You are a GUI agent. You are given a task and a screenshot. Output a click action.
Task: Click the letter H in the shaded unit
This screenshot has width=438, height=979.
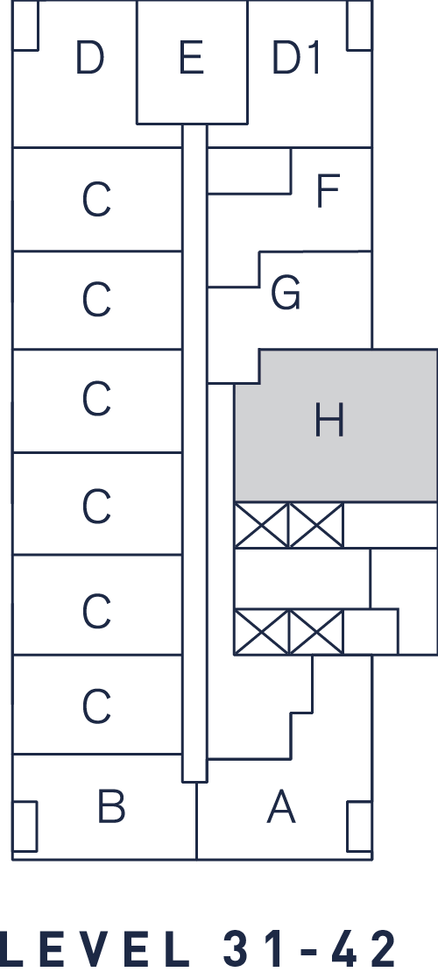[x=328, y=420]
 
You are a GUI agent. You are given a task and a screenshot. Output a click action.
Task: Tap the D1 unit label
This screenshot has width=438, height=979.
[x=296, y=58]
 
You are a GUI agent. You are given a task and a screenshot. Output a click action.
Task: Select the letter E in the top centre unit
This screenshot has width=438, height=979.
[x=191, y=58]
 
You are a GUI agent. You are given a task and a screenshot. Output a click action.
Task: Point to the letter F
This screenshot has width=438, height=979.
[x=328, y=190]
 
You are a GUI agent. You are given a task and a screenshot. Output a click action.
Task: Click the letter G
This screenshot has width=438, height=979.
[x=286, y=293]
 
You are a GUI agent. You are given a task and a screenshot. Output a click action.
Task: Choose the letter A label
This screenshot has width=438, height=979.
[x=281, y=806]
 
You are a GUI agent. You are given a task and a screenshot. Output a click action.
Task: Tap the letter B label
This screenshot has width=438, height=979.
[x=111, y=805]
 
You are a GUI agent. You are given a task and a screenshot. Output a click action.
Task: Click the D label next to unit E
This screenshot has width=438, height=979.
[x=89, y=58]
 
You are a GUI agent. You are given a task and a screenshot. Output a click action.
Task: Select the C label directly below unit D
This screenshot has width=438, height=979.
[x=96, y=200]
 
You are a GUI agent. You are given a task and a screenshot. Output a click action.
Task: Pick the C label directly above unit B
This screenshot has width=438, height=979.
[x=96, y=706]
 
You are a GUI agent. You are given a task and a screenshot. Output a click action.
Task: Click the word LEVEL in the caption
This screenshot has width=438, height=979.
[x=93, y=949]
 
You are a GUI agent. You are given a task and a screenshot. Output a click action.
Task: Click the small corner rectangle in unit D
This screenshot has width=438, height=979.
[x=25, y=25]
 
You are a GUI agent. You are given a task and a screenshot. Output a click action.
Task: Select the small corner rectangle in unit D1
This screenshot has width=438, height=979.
[x=359, y=25]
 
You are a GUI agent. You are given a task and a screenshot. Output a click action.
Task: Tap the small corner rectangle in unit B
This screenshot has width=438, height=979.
[x=25, y=826]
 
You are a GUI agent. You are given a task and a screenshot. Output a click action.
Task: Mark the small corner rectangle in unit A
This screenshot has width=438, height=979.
[x=359, y=826]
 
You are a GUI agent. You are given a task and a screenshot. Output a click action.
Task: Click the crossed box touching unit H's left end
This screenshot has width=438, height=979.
[x=261, y=525]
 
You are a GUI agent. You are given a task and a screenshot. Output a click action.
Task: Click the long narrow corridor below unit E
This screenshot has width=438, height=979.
[x=194, y=452]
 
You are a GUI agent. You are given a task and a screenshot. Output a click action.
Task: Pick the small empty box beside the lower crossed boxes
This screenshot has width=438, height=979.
[x=371, y=631]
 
